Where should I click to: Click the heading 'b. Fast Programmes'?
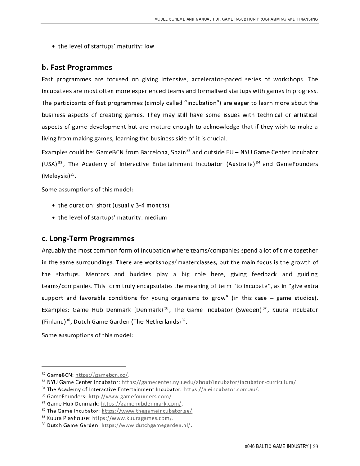coord(76,68)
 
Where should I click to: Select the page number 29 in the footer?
coord(315,447)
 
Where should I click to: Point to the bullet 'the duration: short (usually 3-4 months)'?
coord(113,205)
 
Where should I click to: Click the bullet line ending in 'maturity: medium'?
coord(112,217)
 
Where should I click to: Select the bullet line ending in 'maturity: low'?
coord(106,46)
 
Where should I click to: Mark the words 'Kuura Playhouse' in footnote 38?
coord(68,418)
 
